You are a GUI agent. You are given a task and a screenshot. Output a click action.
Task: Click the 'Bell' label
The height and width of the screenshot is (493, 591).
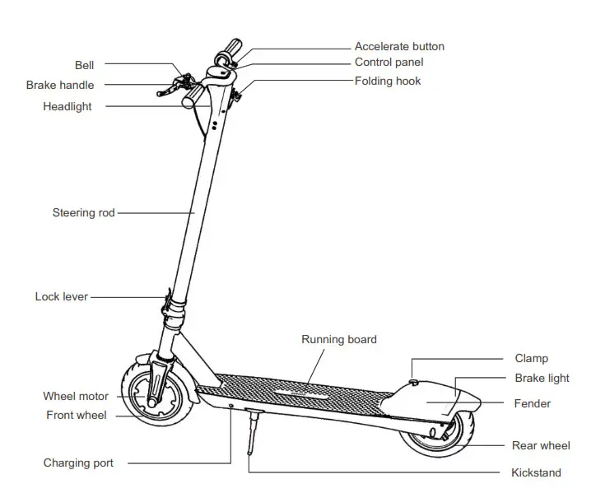[x=84, y=63]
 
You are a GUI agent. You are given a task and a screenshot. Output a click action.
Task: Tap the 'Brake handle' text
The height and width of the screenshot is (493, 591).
[x=60, y=85]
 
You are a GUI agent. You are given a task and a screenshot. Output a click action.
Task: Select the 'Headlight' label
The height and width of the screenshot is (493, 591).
[x=67, y=106]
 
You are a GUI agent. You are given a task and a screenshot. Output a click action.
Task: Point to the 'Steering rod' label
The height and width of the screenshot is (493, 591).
[x=83, y=212]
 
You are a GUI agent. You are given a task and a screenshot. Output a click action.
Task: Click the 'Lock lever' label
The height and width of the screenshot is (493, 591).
[x=62, y=296]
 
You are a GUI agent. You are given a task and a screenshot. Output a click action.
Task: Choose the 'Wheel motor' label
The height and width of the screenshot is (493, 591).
[x=76, y=397]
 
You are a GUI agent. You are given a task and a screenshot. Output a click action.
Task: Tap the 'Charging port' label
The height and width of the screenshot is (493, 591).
[x=78, y=463]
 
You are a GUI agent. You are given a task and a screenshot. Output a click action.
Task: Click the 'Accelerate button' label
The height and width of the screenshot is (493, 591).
[x=399, y=47]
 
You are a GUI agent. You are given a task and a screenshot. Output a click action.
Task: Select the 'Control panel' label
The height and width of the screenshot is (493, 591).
[x=389, y=63]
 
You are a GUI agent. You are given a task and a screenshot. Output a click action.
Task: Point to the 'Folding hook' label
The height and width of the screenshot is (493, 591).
[x=388, y=81]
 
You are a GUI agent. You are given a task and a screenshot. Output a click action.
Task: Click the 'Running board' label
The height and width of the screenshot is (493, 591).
[x=339, y=339]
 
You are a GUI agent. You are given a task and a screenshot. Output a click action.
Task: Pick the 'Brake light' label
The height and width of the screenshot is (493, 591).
[x=542, y=379]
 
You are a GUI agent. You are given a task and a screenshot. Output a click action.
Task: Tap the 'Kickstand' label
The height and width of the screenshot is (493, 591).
[x=536, y=472]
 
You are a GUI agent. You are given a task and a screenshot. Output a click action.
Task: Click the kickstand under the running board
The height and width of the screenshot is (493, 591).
[x=252, y=431]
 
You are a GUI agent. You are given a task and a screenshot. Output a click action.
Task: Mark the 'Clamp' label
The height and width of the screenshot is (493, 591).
[x=531, y=359]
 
